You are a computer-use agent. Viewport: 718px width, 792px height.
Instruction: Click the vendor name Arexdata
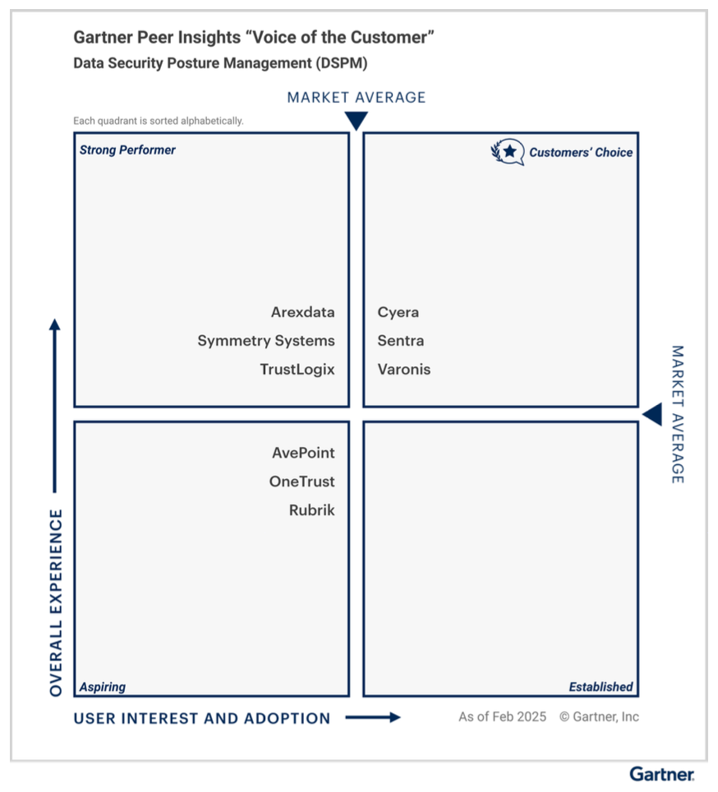[x=302, y=312]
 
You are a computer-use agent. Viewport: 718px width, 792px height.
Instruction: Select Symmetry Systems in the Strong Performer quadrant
[x=265, y=341]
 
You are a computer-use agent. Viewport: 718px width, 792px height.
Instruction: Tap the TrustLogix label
[x=297, y=370]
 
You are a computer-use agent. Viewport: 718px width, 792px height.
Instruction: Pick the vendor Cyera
[x=398, y=312]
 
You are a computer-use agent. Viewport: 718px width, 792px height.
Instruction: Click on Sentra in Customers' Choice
[x=401, y=341]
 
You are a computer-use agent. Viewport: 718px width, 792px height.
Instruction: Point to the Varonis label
[x=404, y=370]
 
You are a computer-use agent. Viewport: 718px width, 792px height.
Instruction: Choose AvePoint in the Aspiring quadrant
[x=303, y=453]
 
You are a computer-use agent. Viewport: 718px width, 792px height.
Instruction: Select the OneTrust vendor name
[x=301, y=481]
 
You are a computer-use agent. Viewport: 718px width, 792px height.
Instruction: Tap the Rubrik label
[x=311, y=510]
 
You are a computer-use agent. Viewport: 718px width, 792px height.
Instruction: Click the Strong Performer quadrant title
[x=127, y=150]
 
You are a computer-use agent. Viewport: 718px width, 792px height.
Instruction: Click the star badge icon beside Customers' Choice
[x=509, y=152]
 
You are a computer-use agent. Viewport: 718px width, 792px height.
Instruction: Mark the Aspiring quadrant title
[x=103, y=687]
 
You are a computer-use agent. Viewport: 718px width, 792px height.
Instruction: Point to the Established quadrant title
[x=601, y=687]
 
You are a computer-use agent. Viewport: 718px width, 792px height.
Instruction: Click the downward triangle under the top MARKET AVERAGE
[x=356, y=122]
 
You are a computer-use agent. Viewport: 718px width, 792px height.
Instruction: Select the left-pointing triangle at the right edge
[x=652, y=415]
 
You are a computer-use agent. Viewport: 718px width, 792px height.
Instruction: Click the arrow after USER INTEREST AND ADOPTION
[x=373, y=717]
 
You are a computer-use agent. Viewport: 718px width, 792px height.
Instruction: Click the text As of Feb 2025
[x=502, y=716]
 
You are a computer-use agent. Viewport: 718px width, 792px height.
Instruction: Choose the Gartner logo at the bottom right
[x=662, y=774]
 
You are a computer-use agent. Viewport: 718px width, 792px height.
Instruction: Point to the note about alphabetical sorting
[x=159, y=121]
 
